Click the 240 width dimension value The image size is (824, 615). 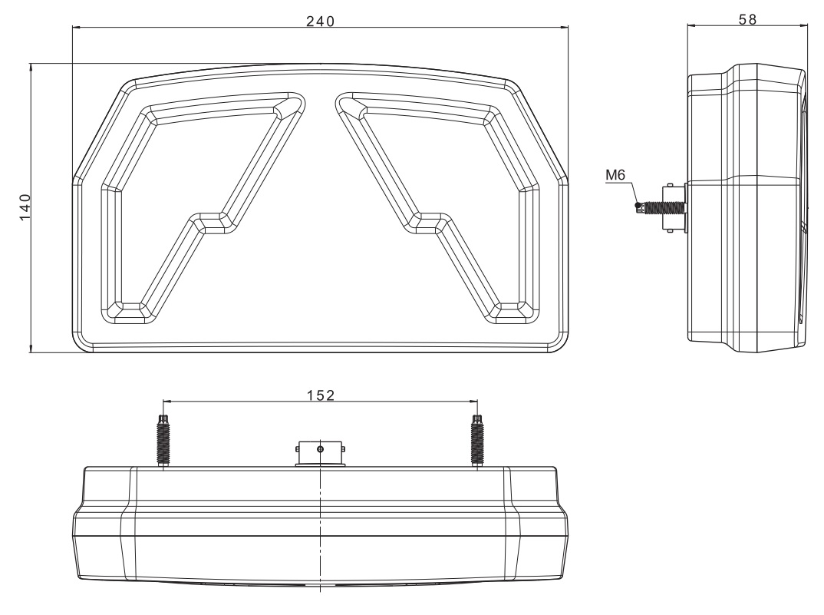click(x=320, y=21)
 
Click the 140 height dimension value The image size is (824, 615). click(x=25, y=207)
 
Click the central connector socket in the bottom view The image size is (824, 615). click(x=320, y=452)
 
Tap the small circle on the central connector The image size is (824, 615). click(x=321, y=448)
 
